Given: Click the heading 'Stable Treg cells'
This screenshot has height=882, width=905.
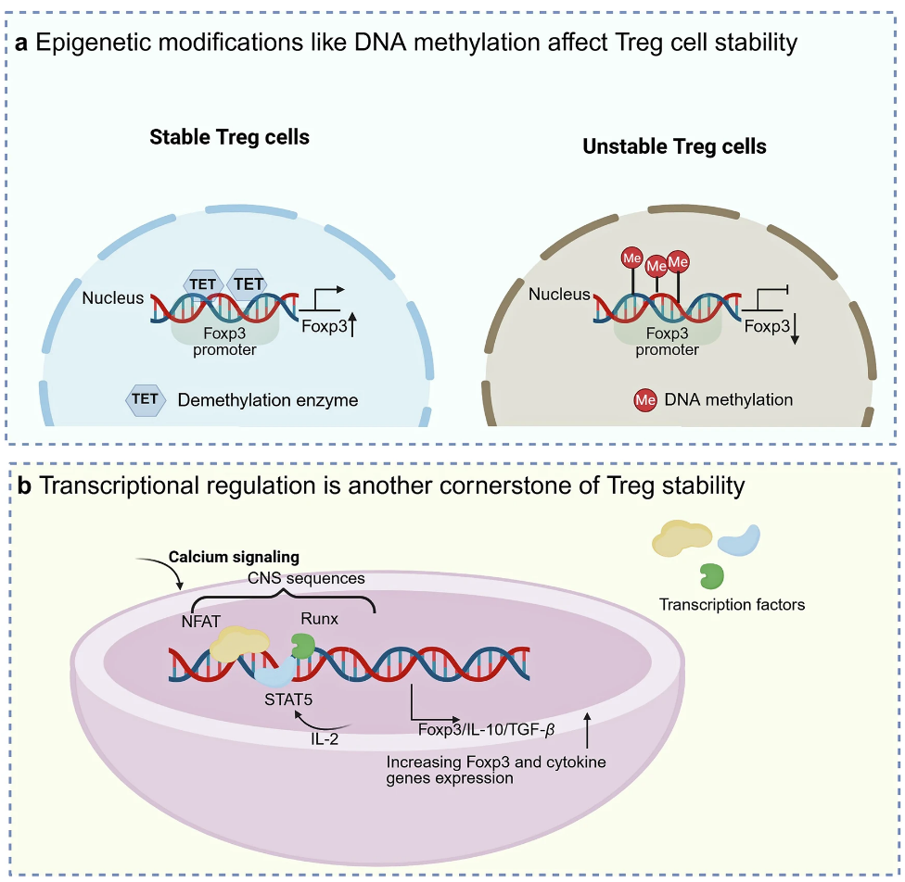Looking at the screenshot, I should tap(230, 137).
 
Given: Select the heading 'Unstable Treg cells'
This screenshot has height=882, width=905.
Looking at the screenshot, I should tap(674, 146).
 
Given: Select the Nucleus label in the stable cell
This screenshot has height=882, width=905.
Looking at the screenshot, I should tap(113, 297).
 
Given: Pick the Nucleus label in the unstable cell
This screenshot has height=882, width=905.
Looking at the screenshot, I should tap(559, 295).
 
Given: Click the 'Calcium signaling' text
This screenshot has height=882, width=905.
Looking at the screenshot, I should tap(233, 557).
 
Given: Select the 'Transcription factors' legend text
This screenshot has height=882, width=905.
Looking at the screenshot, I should tap(732, 605).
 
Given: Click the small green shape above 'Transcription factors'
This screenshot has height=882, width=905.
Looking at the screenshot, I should tap(712, 574).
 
